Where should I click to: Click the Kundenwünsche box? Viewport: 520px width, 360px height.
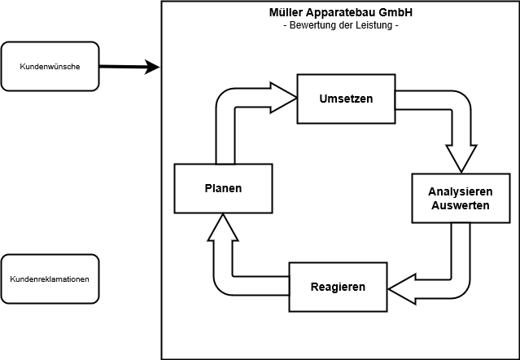coord(50,66)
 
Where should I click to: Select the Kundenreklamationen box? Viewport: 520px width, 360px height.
coord(50,279)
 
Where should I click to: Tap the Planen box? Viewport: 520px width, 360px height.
coord(223,188)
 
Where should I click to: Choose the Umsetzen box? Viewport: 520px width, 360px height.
coord(346,99)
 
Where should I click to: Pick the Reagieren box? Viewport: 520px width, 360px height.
coord(338,287)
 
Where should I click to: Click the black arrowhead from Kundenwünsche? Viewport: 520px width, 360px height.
coord(151,67)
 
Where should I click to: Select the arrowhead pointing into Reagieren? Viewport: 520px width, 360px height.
coord(400,287)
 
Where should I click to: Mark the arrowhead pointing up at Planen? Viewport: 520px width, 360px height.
coord(223,226)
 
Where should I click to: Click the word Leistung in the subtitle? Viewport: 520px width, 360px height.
coord(370,26)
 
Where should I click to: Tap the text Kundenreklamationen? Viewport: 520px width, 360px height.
coord(50,279)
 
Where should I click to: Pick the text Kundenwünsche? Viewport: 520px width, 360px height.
coord(50,66)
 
